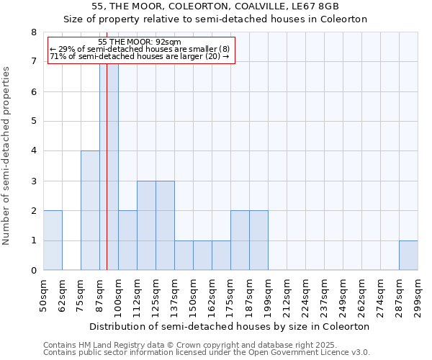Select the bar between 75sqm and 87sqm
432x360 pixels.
click(90, 210)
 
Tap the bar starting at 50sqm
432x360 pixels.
click(53, 240)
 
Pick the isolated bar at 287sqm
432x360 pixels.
click(408, 256)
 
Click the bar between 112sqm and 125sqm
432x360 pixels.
click(146, 225)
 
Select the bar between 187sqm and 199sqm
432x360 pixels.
click(258, 240)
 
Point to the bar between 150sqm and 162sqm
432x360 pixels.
click(202, 256)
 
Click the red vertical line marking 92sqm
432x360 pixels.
click(107, 180)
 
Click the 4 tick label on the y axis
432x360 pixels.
click(33, 151)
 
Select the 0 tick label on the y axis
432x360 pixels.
click(33, 271)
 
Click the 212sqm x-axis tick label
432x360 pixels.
click(287, 294)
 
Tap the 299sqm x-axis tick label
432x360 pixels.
click(418, 294)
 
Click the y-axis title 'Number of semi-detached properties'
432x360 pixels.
click(7, 156)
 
